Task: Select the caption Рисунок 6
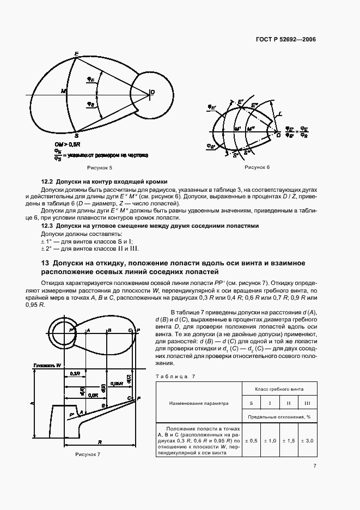[x=257, y=167]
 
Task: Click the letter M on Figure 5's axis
[x=63, y=90]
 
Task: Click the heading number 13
[x=45, y=263]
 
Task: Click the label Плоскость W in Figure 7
[x=46, y=365]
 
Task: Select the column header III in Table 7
[x=307, y=403]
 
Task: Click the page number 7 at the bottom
[x=315, y=466]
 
